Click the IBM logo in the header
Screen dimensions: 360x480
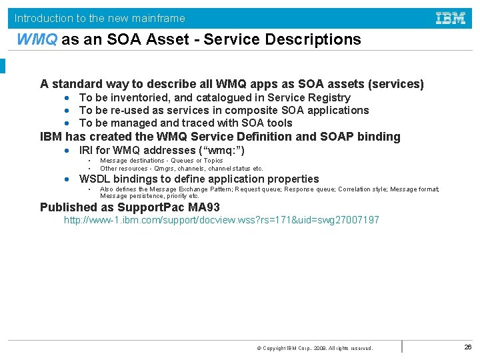(451, 18)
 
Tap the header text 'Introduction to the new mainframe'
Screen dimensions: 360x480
(100, 18)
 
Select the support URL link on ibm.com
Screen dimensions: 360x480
(221, 220)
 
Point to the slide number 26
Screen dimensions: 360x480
(467, 347)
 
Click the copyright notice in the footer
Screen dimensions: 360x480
(315, 348)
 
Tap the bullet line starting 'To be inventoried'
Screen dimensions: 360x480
(215, 98)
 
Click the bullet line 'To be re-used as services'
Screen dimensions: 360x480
(224, 111)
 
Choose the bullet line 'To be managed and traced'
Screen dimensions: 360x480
(185, 123)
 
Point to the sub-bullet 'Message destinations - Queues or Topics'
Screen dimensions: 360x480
(161, 161)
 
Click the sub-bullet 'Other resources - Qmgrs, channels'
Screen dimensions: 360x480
(181, 169)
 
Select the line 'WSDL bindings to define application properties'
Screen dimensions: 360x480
(199, 179)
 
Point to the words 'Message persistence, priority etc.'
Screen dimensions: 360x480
(149, 196)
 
